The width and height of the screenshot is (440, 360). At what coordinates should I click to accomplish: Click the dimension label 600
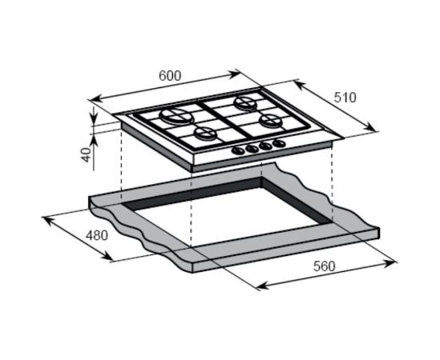[170, 76]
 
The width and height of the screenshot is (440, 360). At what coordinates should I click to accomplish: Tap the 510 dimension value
[345, 98]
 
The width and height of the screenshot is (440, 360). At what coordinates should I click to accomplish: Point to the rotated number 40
[86, 154]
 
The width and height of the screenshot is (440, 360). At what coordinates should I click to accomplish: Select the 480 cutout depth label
[97, 235]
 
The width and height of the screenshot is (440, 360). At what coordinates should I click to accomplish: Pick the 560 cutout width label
[324, 266]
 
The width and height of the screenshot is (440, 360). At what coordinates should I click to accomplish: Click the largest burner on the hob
[177, 116]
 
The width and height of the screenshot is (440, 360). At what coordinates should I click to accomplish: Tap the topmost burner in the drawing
[246, 103]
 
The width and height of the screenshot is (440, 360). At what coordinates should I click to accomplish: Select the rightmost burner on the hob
[270, 120]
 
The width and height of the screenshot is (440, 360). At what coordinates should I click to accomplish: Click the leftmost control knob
[238, 150]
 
